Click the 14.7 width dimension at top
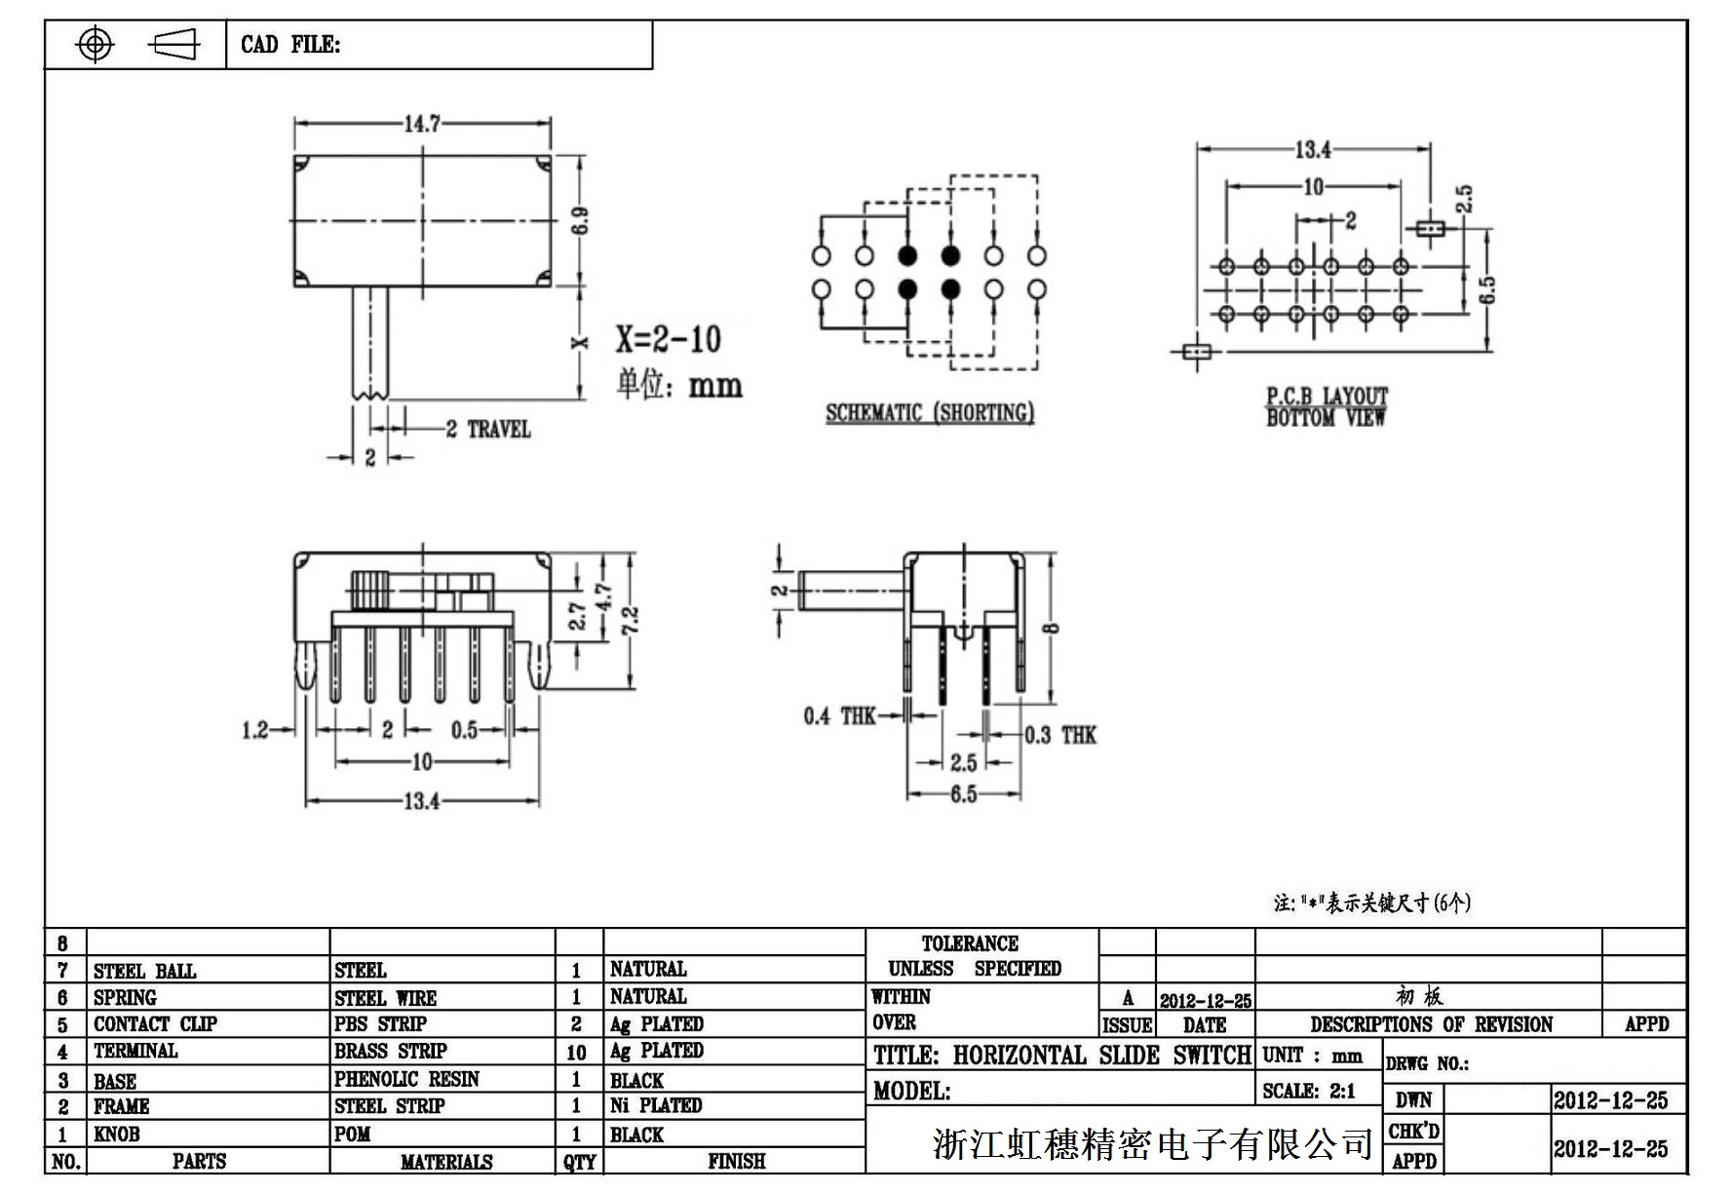[x=422, y=124]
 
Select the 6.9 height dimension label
[x=580, y=220]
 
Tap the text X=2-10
[x=669, y=339]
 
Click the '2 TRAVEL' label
[x=488, y=429]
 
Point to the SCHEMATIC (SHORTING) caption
[x=930, y=412]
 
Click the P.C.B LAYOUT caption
[x=1327, y=397]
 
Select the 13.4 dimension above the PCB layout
[x=1312, y=149]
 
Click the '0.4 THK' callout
[x=839, y=716]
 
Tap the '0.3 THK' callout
[x=1060, y=735]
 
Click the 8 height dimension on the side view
[x=1051, y=628]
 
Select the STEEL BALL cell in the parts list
[x=144, y=971]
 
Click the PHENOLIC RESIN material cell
[x=406, y=1079]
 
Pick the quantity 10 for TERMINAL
[x=576, y=1053]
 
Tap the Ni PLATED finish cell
[x=656, y=1105]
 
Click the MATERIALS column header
[x=446, y=1162]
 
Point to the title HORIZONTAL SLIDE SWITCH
[x=1061, y=1056]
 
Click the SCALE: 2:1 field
[x=1309, y=1091]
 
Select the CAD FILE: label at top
[x=290, y=45]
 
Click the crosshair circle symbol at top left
[x=95, y=45]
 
